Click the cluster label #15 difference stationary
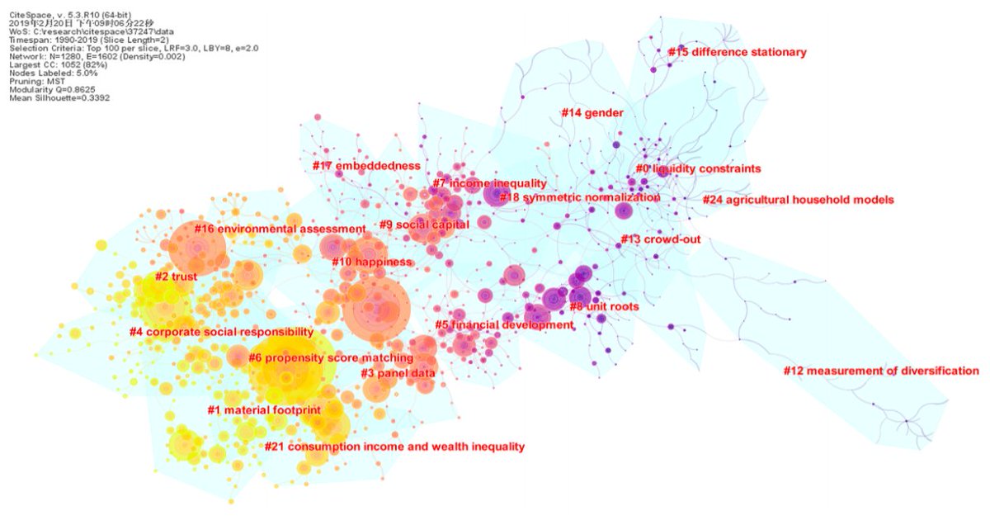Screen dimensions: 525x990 pyautogui.click(x=737, y=53)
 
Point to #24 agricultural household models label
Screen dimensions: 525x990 pyautogui.click(x=798, y=200)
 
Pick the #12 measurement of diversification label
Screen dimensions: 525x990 pyautogui.click(x=880, y=371)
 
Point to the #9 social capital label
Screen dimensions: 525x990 pyautogui.click(x=424, y=225)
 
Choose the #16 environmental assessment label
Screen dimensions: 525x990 pyautogui.click(x=280, y=229)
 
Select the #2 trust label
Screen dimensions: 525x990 pyautogui.click(x=176, y=277)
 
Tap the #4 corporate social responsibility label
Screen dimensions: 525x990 pyautogui.click(x=221, y=332)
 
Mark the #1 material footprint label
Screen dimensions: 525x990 pyautogui.click(x=263, y=410)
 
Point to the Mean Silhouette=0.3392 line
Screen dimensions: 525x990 pyautogui.click(x=59, y=97)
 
